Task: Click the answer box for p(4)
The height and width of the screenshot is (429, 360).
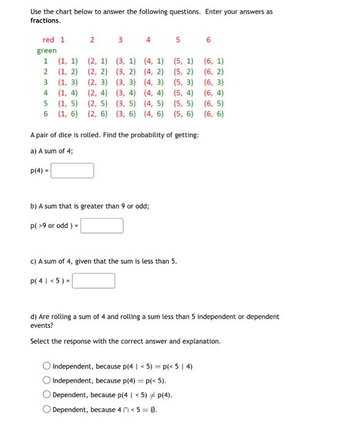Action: click(x=72, y=170)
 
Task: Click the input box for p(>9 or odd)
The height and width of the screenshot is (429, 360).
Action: click(x=102, y=226)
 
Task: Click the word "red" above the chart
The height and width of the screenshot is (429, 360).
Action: click(x=48, y=40)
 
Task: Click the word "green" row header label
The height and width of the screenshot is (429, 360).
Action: click(x=47, y=50)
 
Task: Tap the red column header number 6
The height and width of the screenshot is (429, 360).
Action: click(x=208, y=40)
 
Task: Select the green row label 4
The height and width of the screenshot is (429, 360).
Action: click(x=45, y=93)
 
